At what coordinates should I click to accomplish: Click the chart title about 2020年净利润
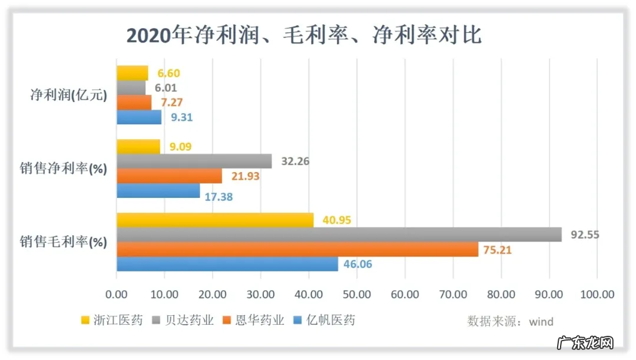304,35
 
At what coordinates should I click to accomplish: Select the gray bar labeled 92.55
339,235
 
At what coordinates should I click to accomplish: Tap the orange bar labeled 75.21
297,250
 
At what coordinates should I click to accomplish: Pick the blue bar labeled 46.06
227,265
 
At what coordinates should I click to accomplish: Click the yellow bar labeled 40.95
215,220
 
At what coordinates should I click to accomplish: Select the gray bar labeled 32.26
194,161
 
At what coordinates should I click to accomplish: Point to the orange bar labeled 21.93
170,176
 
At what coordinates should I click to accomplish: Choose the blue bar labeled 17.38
158,190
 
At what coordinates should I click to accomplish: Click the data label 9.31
181,117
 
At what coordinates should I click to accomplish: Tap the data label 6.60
168,74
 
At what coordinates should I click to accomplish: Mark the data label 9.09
181,147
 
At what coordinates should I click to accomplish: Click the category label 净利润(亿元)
69,95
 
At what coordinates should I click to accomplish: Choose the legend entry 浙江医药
112,321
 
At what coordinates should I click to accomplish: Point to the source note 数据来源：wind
510,321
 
